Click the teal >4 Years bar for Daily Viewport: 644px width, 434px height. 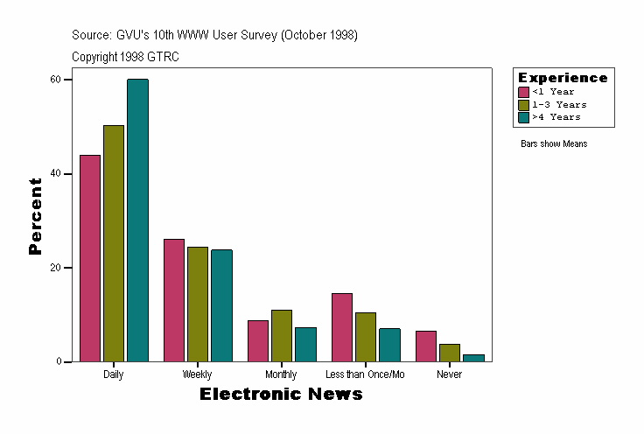pos(137,220)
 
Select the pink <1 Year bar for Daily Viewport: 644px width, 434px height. pos(90,258)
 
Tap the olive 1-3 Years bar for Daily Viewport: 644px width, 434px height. pos(114,243)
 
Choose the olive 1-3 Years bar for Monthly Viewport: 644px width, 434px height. pos(281,335)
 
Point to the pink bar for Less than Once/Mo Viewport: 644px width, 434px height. pos(341,327)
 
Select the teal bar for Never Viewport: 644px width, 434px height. pos(473,358)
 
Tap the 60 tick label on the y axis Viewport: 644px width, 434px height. pos(55,80)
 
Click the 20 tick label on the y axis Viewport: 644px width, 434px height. pos(55,268)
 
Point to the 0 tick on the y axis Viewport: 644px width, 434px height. pos(58,361)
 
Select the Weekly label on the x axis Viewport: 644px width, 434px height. pos(197,374)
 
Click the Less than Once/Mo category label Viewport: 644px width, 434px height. pos(365,374)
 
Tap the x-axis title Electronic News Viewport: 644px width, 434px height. pos(281,395)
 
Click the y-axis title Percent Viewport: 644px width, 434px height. pos(35,216)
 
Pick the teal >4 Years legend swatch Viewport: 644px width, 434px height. pos(524,117)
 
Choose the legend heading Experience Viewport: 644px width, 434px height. pos(563,78)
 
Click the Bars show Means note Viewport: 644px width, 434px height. pos(554,143)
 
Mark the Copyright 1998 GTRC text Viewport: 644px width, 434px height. pos(125,56)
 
